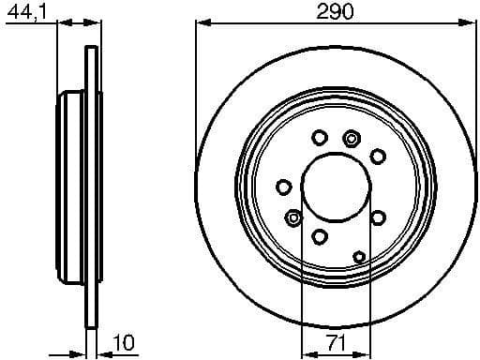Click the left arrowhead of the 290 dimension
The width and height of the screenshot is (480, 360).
coord(200,26)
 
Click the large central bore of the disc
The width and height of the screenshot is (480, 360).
coord(336,187)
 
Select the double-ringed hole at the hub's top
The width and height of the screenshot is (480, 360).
coord(352,139)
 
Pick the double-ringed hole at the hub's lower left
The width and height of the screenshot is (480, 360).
coord(294,217)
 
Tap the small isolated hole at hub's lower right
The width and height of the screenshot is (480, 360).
coord(360,254)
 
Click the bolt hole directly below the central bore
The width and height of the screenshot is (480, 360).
coord(320,235)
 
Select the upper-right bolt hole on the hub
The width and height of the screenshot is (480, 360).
coord(379,155)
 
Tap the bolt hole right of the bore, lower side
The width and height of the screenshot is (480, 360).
coord(379,217)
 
